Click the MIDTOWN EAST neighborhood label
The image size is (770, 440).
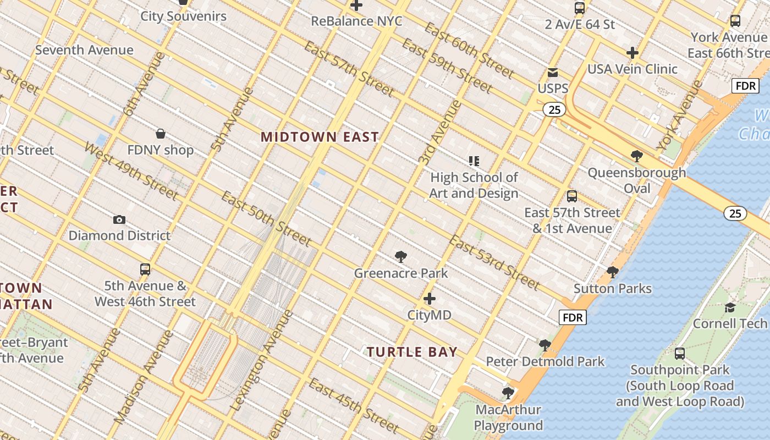coord(320,137)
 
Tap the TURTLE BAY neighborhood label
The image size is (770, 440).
coord(412,352)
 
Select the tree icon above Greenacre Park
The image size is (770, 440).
coord(401,256)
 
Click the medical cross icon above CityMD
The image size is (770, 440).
coord(430,299)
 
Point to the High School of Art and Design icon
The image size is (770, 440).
coord(474,161)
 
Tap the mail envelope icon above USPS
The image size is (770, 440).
coord(552,73)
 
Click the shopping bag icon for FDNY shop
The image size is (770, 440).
coord(161,134)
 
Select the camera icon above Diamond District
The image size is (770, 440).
coord(119,220)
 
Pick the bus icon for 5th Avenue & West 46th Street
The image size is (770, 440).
coord(145,269)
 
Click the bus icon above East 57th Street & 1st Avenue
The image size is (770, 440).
coord(572,196)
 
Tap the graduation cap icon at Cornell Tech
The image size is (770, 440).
coord(730,307)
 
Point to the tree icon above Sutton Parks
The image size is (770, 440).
coord(612,272)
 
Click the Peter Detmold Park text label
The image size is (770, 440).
coord(545,361)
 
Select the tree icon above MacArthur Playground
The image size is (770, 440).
coord(508,393)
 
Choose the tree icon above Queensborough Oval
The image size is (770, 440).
coord(637,156)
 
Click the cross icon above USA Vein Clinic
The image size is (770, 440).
coord(632,53)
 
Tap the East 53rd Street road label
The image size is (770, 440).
coord(494,262)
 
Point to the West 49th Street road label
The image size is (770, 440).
coord(131,171)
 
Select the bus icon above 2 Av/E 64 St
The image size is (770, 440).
coord(579,8)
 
